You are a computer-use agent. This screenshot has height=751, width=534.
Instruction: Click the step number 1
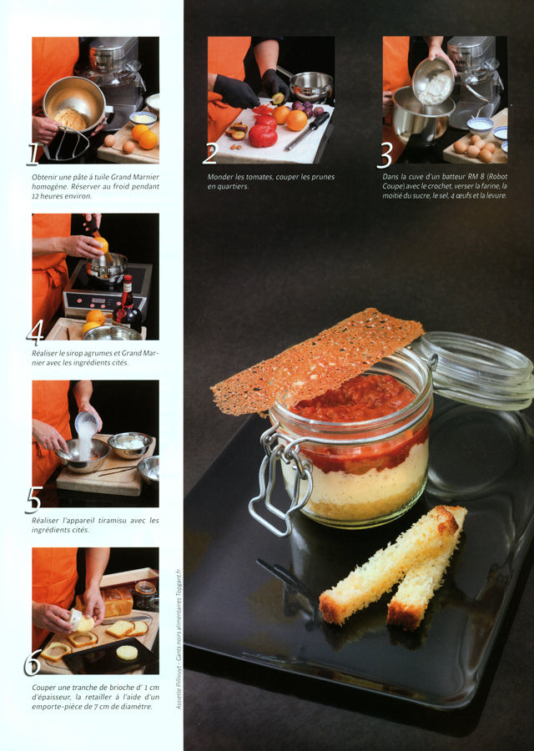click(33, 154)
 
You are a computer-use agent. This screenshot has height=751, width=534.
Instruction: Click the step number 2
click(210, 154)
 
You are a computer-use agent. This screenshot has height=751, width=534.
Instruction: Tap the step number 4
click(34, 333)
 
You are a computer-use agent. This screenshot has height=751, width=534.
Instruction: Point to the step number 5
click(33, 500)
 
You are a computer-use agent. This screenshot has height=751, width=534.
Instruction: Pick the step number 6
click(33, 663)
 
